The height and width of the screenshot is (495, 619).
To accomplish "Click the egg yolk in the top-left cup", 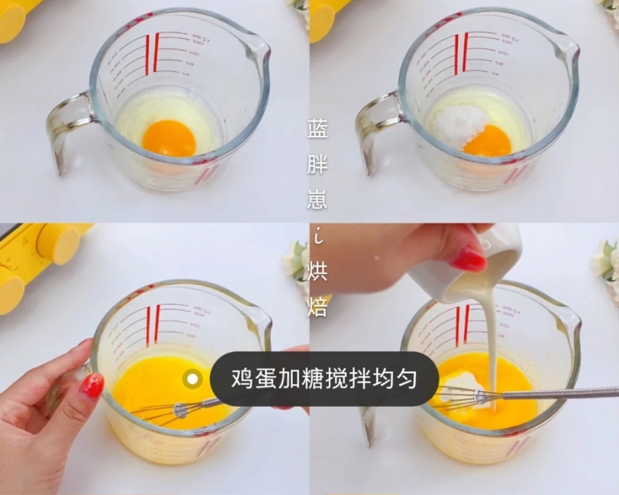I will click(x=169, y=138).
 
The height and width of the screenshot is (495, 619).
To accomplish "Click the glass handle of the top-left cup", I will click(x=66, y=129).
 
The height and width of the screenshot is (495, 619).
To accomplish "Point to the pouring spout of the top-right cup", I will click(x=567, y=49).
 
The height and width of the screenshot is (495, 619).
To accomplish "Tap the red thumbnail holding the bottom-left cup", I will click(x=91, y=386).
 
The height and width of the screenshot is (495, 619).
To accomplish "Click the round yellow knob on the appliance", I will click(x=57, y=243).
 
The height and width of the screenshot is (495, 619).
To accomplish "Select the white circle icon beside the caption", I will click(x=193, y=379).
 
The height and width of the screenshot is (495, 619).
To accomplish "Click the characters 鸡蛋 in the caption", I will click(x=252, y=379).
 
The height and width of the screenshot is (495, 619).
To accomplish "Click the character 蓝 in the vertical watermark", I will click(x=317, y=129).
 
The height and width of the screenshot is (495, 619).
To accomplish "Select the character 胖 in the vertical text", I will click(x=317, y=165).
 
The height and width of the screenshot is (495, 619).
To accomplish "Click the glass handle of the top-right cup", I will click(x=375, y=129).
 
